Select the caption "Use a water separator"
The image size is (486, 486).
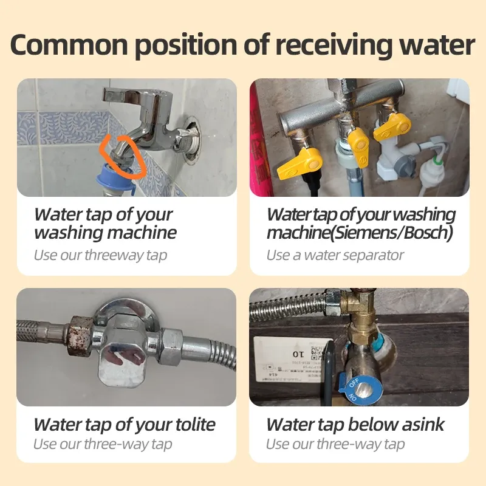point(335,255)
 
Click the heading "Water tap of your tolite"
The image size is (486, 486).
point(125,424)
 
